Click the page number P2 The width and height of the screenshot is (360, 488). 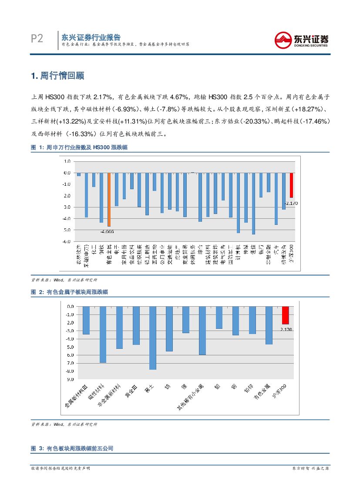point(37,39)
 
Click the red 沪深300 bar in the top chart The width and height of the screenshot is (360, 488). point(291,185)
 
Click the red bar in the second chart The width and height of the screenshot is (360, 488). point(285,315)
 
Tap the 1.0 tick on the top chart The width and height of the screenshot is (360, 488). point(67,161)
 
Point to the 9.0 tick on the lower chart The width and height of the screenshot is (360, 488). point(70,379)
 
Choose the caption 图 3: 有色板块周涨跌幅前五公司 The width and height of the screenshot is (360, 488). point(72,448)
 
